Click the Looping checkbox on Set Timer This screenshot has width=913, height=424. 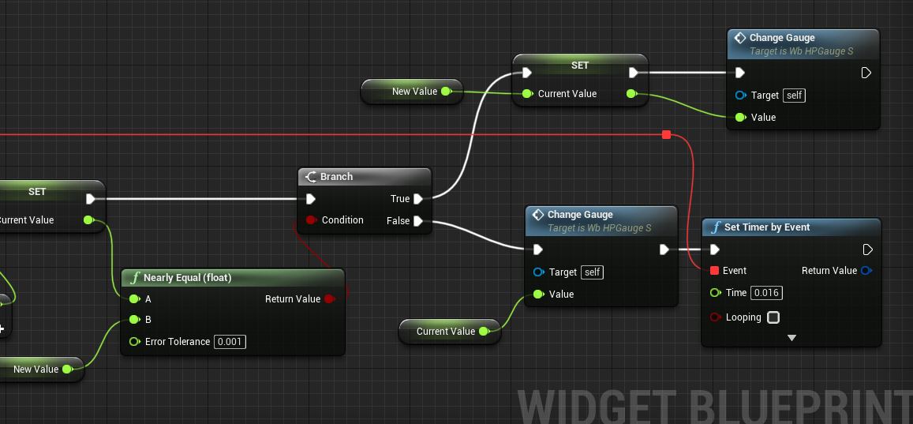click(x=773, y=317)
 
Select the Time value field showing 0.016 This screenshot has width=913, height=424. click(x=766, y=293)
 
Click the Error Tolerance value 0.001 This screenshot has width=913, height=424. click(x=230, y=342)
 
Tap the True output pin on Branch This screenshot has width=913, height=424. click(x=418, y=199)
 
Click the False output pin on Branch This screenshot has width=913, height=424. click(x=418, y=221)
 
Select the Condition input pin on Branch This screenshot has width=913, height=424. click(x=311, y=220)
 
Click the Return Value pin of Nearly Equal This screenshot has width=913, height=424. click(x=329, y=298)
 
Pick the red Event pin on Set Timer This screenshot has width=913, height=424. click(x=714, y=271)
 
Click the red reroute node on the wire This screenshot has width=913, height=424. click(x=667, y=135)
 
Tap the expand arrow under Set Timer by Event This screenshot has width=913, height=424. click(x=791, y=338)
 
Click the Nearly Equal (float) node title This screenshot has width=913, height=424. click(x=188, y=278)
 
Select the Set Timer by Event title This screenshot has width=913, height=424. click(x=767, y=227)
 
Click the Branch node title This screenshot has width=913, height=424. click(x=336, y=177)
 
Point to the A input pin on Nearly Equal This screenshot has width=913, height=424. click(x=134, y=298)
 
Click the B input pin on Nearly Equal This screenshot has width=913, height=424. click(x=134, y=320)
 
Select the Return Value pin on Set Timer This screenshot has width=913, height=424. click(x=866, y=271)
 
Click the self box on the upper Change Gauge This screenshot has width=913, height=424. click(x=794, y=96)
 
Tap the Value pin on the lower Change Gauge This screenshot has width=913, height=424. click(x=538, y=295)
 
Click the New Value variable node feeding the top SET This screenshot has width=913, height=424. click(x=412, y=92)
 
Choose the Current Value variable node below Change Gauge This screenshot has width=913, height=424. click(x=450, y=332)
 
